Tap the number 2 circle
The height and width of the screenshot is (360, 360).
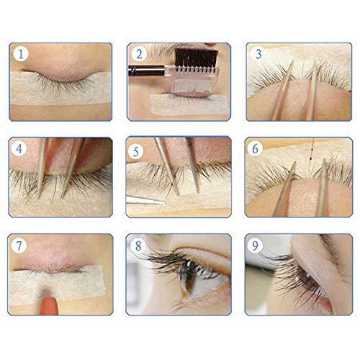(x=140, y=54)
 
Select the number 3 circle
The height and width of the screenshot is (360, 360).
(x=258, y=54)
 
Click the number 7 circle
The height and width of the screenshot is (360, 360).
(x=22, y=246)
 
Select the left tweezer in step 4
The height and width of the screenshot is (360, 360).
(x=44, y=166)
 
